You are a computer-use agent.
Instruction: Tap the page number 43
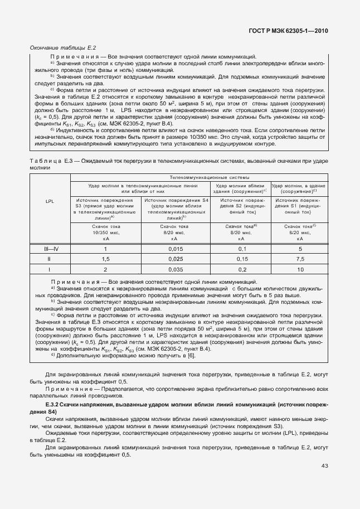click(324, 466)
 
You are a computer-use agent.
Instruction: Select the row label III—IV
click(50, 249)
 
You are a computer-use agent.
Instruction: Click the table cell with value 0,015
click(175, 249)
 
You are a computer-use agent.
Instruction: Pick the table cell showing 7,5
click(300, 259)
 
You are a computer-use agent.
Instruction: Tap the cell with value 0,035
click(175, 269)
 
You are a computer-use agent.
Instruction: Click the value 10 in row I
click(300, 269)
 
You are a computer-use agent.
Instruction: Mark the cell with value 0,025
click(175, 259)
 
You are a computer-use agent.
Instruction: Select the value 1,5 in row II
click(105, 259)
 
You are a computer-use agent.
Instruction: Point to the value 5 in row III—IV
click(300, 249)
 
